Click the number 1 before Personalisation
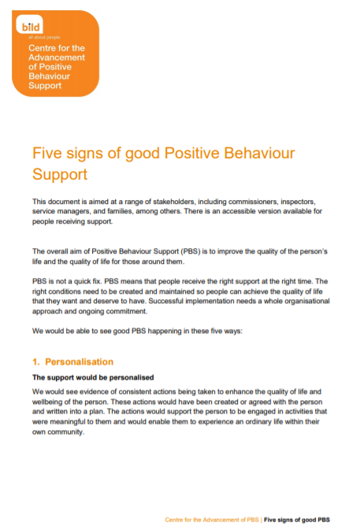pyautogui.click(x=35, y=362)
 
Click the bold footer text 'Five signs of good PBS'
pyautogui.click(x=297, y=520)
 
